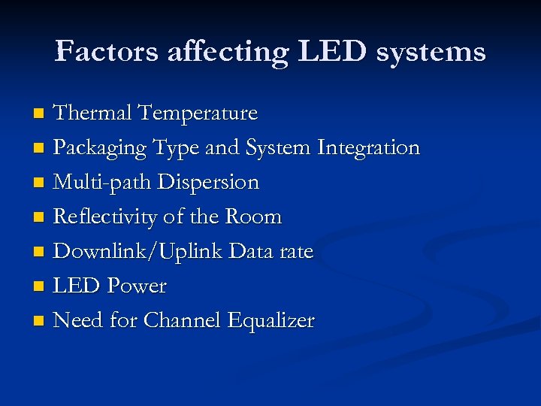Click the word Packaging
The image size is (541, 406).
tap(100, 149)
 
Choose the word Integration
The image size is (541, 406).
tap(368, 149)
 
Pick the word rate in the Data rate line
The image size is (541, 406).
tap(296, 253)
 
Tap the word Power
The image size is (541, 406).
tap(137, 286)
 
